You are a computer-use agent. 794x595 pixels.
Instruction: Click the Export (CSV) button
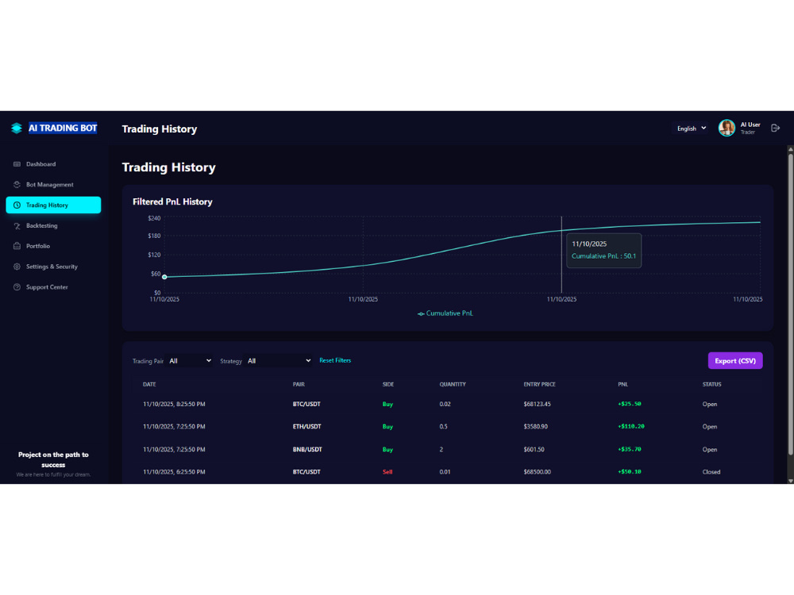[734, 361]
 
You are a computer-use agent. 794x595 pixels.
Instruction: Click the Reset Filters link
[335, 360]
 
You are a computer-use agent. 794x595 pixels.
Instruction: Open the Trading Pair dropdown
[190, 361]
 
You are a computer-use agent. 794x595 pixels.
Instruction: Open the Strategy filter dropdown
[279, 361]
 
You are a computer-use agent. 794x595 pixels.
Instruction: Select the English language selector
[692, 129]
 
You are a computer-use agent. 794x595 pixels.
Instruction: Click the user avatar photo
[727, 128]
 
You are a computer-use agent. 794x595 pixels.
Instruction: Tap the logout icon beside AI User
[775, 128]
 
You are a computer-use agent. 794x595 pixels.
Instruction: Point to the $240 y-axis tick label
[154, 218]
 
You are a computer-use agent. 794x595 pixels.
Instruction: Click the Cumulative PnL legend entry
[445, 313]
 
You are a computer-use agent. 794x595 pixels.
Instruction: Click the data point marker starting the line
[164, 277]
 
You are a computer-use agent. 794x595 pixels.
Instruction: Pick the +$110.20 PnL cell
[631, 427]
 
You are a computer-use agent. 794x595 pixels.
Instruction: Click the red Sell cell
[387, 472]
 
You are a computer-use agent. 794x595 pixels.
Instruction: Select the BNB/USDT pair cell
[307, 449]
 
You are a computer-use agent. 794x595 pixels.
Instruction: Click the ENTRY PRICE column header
[539, 385]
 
